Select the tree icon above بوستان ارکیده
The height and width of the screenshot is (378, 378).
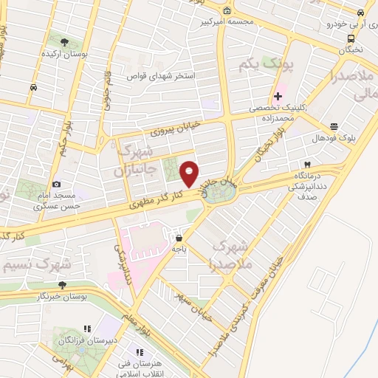point(64,42)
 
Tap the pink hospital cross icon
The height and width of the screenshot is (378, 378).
point(278,96)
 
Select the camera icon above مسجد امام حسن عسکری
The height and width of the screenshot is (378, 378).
point(57,185)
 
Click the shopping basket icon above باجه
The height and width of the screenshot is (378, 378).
point(179,238)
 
